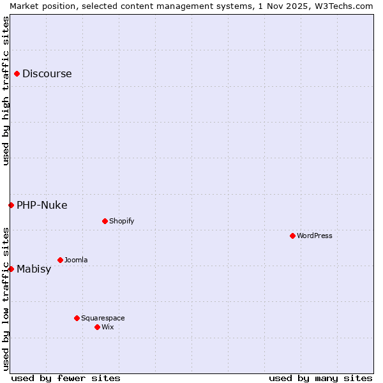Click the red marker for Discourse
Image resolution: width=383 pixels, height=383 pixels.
pyautogui.click(x=17, y=73)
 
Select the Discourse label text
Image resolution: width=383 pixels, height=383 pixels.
pyautogui.click(x=47, y=73)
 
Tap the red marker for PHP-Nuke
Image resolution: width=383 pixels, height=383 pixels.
pyautogui.click(x=11, y=205)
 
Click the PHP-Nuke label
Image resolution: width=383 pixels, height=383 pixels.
pyautogui.click(x=41, y=205)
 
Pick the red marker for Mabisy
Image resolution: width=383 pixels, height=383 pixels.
pyautogui.click(x=11, y=269)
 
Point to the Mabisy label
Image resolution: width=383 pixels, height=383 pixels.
pyautogui.click(x=34, y=269)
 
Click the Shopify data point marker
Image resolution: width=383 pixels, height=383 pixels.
pyautogui.click(x=105, y=221)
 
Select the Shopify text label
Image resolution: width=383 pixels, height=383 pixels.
pyautogui.click(x=121, y=221)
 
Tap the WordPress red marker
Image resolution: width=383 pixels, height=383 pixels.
pyautogui.click(x=292, y=236)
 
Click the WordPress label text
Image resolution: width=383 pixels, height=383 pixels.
pyautogui.click(x=315, y=236)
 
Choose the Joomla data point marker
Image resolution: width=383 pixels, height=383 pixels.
pyautogui.click(x=60, y=260)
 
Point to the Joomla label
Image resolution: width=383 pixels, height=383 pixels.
pyautogui.click(x=76, y=260)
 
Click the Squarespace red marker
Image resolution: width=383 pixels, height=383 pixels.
pyautogui.click(x=77, y=318)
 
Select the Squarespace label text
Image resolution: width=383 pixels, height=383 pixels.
pyautogui.click(x=103, y=318)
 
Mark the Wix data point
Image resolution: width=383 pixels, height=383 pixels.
pyautogui.click(x=97, y=327)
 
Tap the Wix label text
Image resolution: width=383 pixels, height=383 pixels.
pyautogui.click(x=108, y=327)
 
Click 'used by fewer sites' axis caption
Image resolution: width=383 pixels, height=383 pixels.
pyautogui.click(x=66, y=378)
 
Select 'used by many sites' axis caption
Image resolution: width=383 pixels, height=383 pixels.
pyautogui.click(x=320, y=378)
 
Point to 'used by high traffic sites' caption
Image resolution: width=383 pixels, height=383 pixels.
pyautogui.click(x=6, y=91)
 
